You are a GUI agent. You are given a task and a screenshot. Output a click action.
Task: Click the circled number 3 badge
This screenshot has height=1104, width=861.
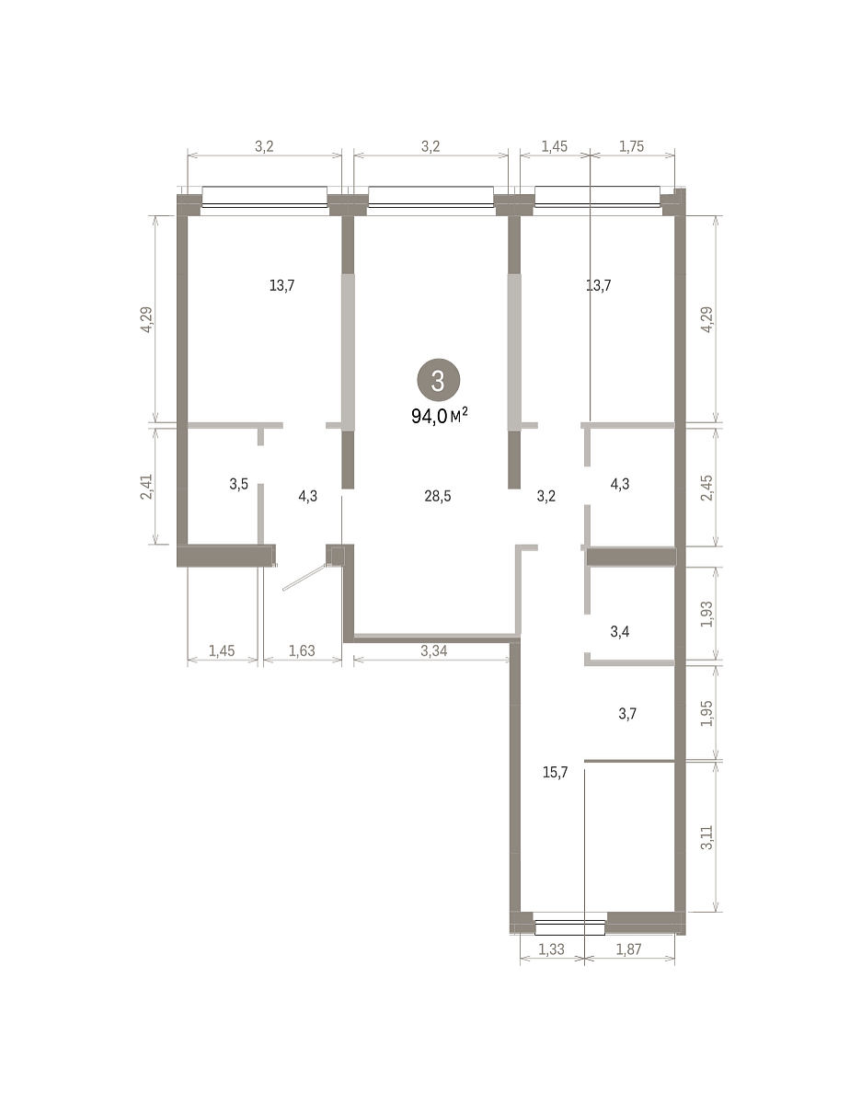438,380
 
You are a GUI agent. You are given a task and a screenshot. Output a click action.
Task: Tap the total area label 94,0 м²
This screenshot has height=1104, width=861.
439,416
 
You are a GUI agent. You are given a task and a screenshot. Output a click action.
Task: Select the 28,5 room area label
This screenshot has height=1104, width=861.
437,497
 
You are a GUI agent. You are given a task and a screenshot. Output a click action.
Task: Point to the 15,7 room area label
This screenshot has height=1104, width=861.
555,773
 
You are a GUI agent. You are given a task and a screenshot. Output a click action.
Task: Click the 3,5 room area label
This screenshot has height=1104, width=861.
238,484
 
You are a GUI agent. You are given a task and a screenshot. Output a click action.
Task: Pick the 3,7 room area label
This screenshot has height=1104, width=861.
626,714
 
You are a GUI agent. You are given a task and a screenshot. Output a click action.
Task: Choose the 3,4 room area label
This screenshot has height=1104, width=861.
620,631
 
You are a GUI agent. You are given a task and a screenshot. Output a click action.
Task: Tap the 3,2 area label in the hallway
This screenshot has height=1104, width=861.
546,497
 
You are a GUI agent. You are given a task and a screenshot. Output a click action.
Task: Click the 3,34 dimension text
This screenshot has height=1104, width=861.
433,650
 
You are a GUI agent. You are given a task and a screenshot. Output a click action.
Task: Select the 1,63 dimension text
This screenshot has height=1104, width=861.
302,650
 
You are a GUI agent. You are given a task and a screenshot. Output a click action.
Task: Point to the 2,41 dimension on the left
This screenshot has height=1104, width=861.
146,487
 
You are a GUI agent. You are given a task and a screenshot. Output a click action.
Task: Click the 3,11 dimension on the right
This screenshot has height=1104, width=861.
706,838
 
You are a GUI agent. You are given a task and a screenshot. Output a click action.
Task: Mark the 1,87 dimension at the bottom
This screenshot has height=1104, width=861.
628,949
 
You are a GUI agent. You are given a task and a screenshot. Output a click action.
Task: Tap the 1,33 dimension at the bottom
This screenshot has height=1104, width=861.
551,949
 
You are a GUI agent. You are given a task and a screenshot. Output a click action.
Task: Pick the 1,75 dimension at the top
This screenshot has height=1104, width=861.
631,146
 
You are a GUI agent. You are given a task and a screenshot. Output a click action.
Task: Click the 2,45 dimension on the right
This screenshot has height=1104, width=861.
706,488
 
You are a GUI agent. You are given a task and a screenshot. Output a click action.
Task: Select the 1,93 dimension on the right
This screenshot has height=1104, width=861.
706,615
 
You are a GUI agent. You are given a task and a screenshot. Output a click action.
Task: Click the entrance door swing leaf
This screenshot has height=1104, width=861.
304,577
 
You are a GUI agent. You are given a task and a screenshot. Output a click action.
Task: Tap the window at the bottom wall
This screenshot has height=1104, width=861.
570,927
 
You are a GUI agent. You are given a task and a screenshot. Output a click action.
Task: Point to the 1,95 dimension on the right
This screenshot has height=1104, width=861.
706,713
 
